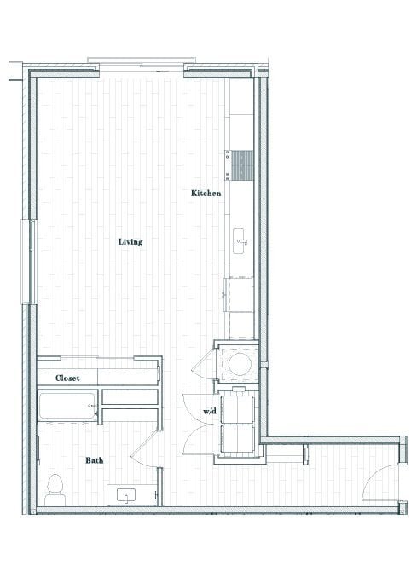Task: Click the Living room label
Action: pos(130,242)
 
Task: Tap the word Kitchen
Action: pos(206,194)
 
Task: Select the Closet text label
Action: pos(67,378)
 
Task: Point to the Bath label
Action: pos(95,460)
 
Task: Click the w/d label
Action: pos(209,412)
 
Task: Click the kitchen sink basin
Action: pos(240,242)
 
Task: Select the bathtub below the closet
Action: pos(67,407)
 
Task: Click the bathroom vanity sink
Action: pos(130,495)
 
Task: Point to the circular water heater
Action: pos(240,364)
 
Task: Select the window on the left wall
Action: pos(32,260)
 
